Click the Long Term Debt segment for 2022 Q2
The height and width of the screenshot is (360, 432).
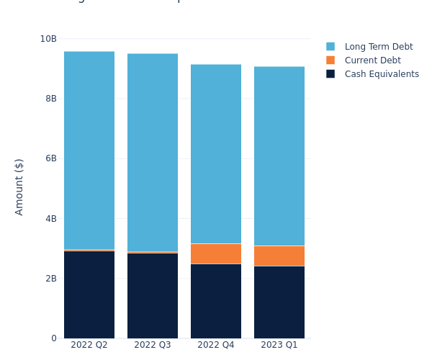[89, 150]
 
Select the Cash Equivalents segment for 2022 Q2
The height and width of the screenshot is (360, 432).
[89, 294]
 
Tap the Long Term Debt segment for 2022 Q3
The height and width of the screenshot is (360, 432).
[153, 153]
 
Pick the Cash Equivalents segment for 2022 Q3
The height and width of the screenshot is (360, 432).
[153, 296]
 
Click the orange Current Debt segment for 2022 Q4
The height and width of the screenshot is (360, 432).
[216, 253]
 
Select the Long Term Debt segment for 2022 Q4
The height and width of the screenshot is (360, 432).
[216, 154]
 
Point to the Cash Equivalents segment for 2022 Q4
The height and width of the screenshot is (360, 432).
[216, 301]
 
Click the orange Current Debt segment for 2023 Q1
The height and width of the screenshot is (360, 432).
[279, 256]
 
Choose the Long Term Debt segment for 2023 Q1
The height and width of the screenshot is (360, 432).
[279, 156]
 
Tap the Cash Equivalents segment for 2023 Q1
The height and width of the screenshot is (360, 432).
[279, 302]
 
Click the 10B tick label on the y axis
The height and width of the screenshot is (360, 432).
[48, 38]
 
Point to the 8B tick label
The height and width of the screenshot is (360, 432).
[50, 98]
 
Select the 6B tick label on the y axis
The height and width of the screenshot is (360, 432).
[50, 158]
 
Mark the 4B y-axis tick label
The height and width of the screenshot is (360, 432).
[50, 218]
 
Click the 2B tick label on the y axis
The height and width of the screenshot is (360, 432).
[50, 279]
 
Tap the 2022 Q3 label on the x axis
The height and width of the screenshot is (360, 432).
[153, 345]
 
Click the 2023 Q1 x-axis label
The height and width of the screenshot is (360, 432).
[279, 345]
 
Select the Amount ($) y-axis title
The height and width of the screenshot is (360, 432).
[19, 186]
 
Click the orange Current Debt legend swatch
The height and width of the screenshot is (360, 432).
[330, 60]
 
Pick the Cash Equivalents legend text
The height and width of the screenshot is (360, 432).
[382, 74]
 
